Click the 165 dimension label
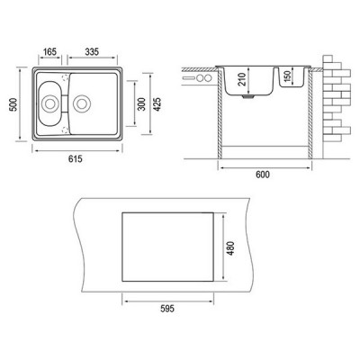pyautogui.click(x=49, y=52)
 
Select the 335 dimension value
pyautogui.click(x=92, y=52)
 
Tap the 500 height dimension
pyautogui.click(x=14, y=104)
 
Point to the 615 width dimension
pyautogui.click(x=75, y=158)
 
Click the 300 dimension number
pyautogui.click(x=141, y=104)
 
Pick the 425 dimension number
pyautogui.click(x=157, y=104)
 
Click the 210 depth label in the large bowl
pyautogui.click(x=242, y=79)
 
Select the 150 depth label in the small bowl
pyautogui.click(x=287, y=77)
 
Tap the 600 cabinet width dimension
pyautogui.click(x=263, y=175)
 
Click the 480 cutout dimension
pyautogui.click(x=230, y=248)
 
